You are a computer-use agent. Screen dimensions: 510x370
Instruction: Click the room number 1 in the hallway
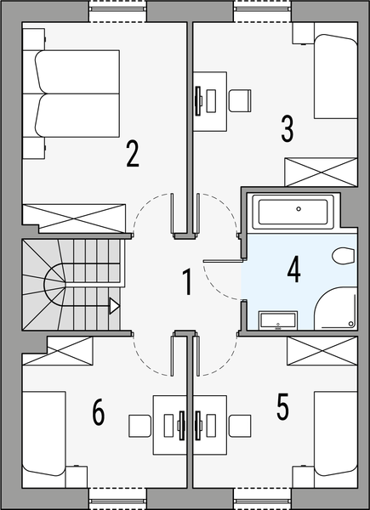pyautogui.click(x=186, y=281)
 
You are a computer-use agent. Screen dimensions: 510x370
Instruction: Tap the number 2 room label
pyautogui.click(x=132, y=154)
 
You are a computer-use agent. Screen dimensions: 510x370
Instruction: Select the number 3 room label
pyautogui.click(x=287, y=129)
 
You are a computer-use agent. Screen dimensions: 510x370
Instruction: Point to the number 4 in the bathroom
pyautogui.click(x=293, y=270)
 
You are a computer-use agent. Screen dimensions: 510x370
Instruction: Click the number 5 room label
pyautogui.click(x=283, y=407)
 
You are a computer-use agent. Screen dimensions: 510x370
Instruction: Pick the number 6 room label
pyautogui.click(x=98, y=414)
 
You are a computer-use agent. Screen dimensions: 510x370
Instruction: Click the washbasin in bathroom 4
pyautogui.click(x=277, y=319)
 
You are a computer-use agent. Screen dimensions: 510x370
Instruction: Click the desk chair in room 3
pyautogui.click(x=240, y=99)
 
